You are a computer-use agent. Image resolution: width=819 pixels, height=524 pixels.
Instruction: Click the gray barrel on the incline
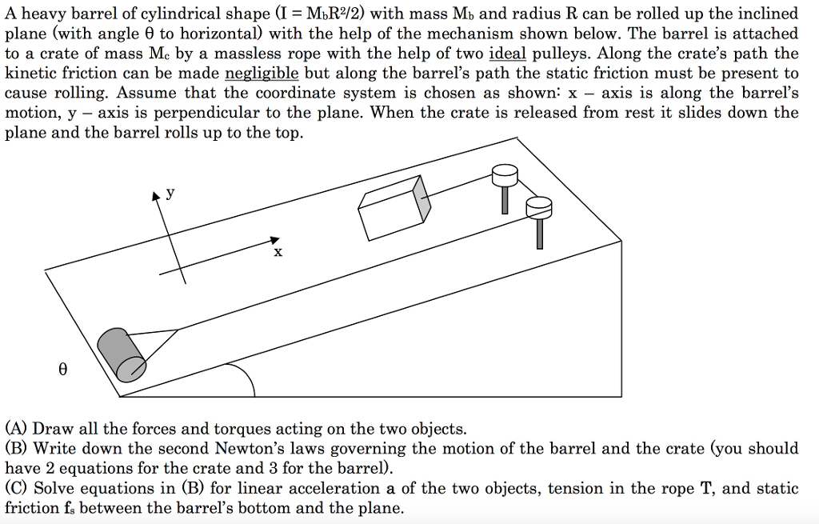pyautogui.click(x=121, y=355)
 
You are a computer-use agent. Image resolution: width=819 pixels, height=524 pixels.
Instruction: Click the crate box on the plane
pyautogui.click(x=394, y=206)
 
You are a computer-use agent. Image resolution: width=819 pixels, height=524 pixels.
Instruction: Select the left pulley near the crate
pyautogui.click(x=505, y=174)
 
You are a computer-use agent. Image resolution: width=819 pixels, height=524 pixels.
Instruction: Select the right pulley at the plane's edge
pyautogui.click(x=539, y=208)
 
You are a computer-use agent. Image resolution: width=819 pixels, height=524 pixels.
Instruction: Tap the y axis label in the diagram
pyautogui.click(x=170, y=194)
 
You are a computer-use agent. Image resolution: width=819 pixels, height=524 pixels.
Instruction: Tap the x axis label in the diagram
pyautogui.click(x=278, y=252)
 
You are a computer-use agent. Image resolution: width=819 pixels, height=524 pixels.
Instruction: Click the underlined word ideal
pyautogui.click(x=507, y=54)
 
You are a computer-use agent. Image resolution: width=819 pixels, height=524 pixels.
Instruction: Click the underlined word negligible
pyautogui.click(x=262, y=73)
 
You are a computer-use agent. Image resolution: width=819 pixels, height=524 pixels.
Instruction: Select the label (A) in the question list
pyautogui.click(x=17, y=429)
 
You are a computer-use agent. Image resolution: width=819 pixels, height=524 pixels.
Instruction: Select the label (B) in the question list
pyautogui.click(x=17, y=449)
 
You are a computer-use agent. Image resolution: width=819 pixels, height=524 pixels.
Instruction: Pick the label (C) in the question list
pyautogui.click(x=17, y=488)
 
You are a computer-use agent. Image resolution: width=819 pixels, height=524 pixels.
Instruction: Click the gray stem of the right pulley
pyautogui.click(x=540, y=232)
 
